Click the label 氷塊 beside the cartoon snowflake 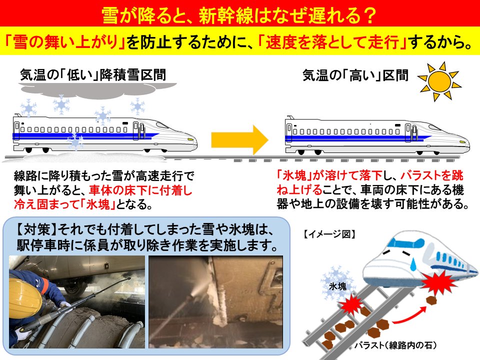(x=337, y=287)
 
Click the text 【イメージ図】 (x=329, y=233)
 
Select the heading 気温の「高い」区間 (x=355, y=76)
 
